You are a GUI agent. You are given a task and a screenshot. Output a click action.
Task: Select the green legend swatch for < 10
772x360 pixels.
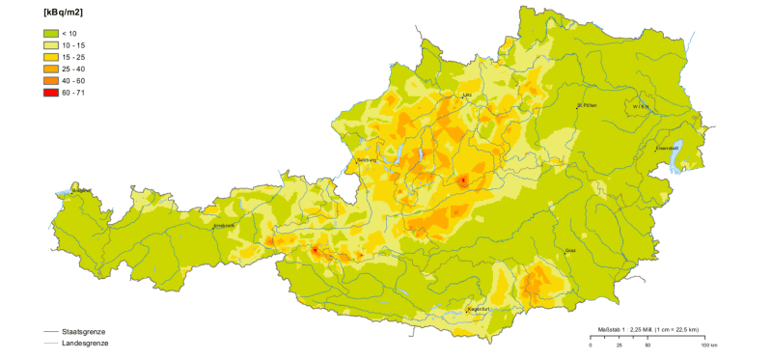click(47, 34)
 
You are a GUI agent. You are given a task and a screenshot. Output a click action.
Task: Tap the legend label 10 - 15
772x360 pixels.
click(73, 45)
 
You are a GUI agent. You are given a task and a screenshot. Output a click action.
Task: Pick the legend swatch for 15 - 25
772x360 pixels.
click(47, 57)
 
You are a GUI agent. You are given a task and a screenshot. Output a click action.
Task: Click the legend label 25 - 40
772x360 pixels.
click(73, 69)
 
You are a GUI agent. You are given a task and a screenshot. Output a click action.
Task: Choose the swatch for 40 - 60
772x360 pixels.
click(47, 80)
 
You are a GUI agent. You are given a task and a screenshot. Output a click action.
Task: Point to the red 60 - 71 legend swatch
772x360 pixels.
click(47, 92)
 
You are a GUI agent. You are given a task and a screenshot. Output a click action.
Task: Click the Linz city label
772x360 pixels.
click(467, 95)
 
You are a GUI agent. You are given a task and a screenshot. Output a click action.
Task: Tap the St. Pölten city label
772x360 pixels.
click(587, 104)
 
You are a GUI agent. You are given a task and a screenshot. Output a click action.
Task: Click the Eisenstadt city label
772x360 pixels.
click(668, 148)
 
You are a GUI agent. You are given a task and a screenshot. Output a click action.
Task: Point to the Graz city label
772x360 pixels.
click(569, 250)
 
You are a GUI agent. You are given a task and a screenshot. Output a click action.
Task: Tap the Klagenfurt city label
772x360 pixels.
click(480, 309)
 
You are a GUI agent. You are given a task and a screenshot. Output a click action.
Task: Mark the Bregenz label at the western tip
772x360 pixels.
click(81, 191)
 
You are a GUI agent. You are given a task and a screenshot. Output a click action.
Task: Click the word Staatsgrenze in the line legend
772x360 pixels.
click(83, 331)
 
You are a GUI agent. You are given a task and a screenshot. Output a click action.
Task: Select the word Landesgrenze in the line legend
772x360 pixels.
click(84, 343)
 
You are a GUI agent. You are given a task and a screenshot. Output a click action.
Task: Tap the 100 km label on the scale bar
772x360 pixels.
click(708, 345)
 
